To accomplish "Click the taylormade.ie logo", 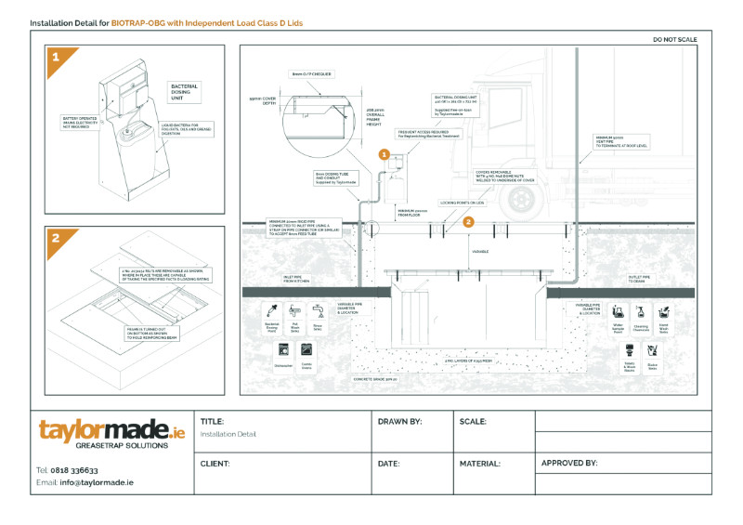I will (x=111, y=433).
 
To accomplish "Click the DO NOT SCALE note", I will (x=675, y=40).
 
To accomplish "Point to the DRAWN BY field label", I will (x=399, y=422).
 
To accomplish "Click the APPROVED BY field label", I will (x=568, y=462).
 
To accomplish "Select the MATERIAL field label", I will (x=480, y=463).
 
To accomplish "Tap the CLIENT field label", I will (x=215, y=463).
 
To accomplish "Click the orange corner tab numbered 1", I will (x=55, y=57).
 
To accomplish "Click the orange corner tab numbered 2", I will (x=55, y=238).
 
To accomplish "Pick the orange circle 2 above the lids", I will (x=469, y=221).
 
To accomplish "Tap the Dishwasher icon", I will (x=283, y=351).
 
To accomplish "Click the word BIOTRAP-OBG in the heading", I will (x=138, y=20).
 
